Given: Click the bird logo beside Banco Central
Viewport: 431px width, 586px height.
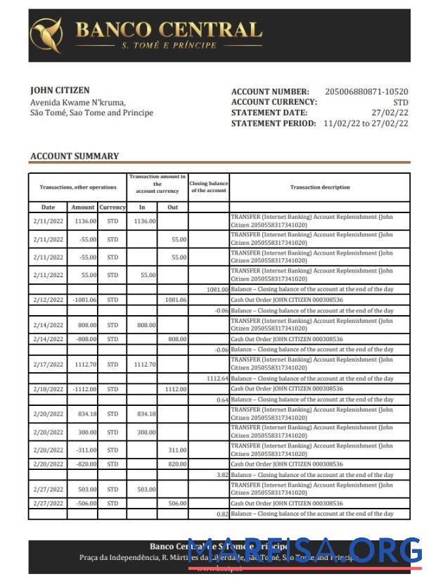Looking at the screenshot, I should (46, 35).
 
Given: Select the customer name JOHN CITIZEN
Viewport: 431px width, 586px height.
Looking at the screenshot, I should (60, 91).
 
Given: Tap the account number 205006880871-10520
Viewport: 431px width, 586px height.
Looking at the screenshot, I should (366, 92).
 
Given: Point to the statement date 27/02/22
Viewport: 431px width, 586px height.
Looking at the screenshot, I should (390, 113).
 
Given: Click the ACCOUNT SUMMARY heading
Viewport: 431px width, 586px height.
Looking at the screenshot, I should (75, 156).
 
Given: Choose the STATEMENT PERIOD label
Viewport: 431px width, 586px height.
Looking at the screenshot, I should (274, 123).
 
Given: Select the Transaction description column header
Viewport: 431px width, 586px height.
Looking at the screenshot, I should (320, 188).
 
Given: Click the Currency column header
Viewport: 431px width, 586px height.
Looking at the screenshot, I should (112, 208).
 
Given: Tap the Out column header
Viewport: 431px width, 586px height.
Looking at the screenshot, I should (172, 208).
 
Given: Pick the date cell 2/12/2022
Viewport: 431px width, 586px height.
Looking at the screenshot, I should (48, 300).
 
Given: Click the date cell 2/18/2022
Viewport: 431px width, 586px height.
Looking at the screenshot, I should (48, 389).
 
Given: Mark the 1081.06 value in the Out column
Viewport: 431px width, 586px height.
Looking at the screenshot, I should (175, 300).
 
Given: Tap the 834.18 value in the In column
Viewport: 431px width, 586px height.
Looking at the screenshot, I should (146, 414).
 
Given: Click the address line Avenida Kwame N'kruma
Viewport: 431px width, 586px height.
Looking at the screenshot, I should (77, 103).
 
